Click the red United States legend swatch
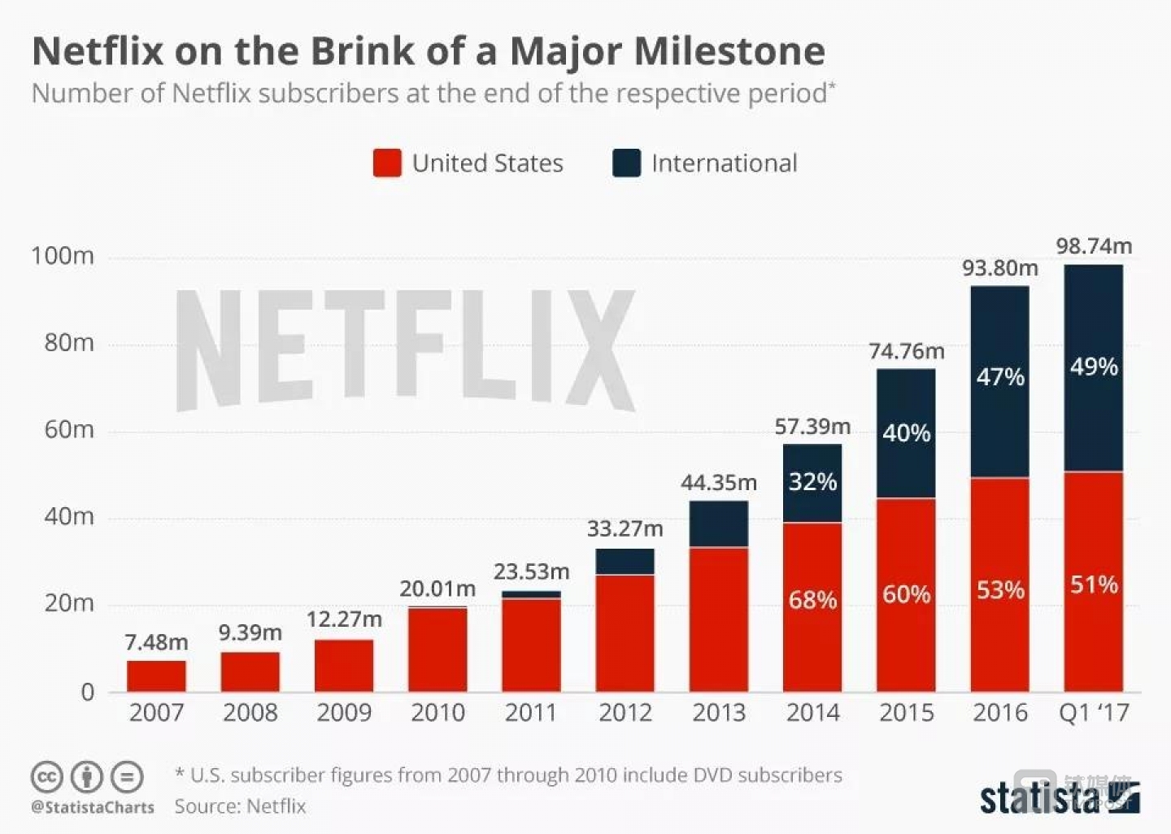(387, 163)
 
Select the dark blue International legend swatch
(626, 163)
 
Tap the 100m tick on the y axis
(63, 256)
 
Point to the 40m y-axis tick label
(69, 516)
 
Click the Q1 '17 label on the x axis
(1094, 713)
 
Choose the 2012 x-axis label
(625, 713)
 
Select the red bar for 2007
(156, 676)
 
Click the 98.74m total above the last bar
(1094, 245)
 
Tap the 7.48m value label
(156, 642)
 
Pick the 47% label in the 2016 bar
(1000, 377)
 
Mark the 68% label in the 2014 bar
(812, 600)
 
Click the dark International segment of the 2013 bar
(719, 524)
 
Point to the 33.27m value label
(625, 528)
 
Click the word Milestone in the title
(729, 50)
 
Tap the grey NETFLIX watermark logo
(405, 350)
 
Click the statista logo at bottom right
(1057, 797)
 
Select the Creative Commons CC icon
(47, 777)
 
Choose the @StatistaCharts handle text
(93, 807)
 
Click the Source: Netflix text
(240, 806)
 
